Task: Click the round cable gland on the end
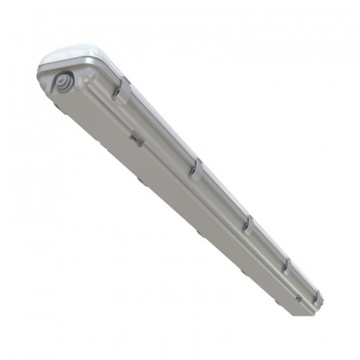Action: (x=62, y=82)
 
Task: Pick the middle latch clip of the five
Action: (x=248, y=221)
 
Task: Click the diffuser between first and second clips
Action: (x=160, y=128)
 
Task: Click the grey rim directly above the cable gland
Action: (x=53, y=67)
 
